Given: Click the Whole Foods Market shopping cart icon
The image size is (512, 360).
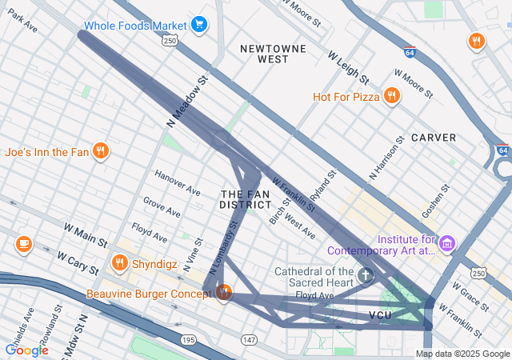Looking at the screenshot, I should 199,25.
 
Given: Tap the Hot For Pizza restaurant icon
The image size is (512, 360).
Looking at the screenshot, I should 391,97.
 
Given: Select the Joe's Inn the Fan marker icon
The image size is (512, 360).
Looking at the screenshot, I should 100,151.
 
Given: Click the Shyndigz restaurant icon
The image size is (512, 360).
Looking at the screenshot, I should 120,262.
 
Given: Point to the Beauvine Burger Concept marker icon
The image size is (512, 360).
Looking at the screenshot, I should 223,293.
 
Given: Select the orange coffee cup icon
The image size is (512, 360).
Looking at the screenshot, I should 23,244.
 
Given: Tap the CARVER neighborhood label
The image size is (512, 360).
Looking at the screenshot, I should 434,138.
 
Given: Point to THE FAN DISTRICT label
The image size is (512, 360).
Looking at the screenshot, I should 246,199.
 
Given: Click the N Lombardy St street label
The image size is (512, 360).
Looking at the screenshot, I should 225,251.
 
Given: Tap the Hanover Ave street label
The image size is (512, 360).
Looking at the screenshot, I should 178,185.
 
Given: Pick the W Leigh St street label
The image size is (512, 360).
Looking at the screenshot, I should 348,68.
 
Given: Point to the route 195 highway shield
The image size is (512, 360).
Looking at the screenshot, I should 188,340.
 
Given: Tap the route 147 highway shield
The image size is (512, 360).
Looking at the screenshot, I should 249,340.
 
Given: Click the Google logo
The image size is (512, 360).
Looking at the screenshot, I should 26,350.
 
